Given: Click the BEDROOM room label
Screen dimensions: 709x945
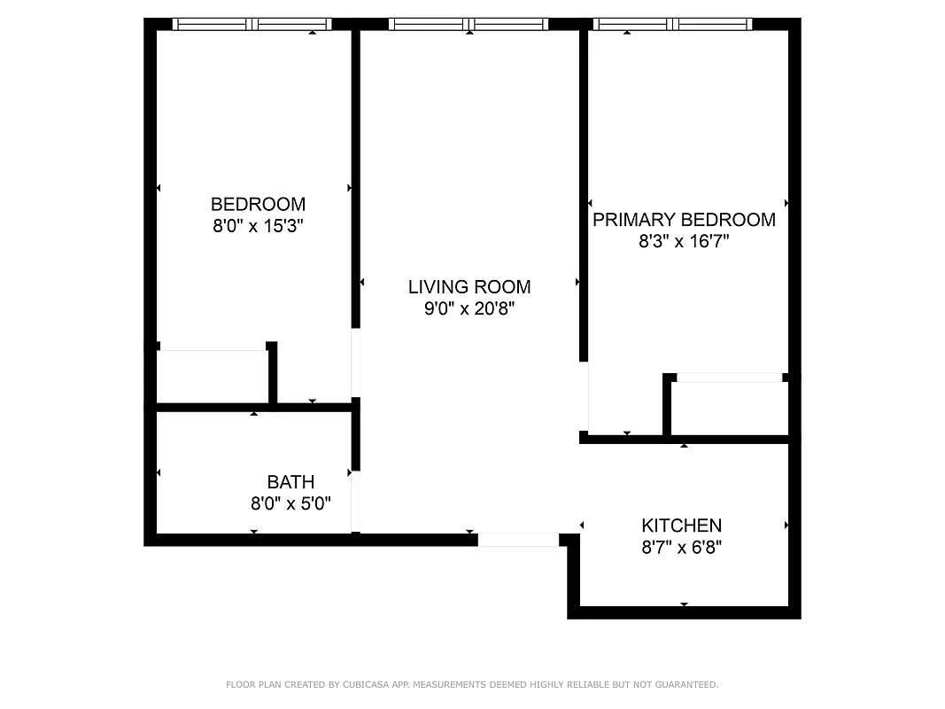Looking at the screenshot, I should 258,204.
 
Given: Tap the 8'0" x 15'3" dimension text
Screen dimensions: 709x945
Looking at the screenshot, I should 258,226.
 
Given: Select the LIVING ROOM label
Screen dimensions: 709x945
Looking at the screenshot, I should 469,286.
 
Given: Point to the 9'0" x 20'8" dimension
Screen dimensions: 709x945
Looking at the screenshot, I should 469,308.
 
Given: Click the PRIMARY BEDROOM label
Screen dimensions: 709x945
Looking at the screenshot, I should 684,220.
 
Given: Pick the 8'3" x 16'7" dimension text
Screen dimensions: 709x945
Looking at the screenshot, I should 684,241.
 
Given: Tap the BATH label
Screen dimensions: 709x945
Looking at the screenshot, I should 290,482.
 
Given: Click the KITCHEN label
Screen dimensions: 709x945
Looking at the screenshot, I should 682,526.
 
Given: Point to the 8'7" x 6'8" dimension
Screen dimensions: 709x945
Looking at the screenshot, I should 682,548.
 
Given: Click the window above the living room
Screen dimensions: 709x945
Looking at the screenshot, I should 469,24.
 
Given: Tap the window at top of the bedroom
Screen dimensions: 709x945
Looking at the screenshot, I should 252,24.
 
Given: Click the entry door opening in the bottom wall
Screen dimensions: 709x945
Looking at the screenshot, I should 518,539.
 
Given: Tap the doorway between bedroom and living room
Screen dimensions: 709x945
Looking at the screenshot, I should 356,363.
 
